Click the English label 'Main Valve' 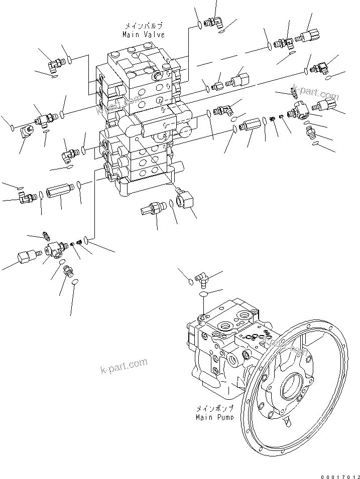tap(143, 35)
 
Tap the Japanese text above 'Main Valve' tap(143, 26)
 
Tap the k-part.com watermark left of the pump tap(124, 366)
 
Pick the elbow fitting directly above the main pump tap(203, 276)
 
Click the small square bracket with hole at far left tap(27, 131)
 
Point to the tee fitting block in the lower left tap(54, 247)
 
